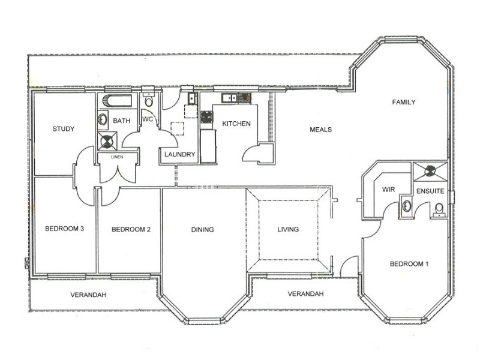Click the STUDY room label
[x=63, y=128]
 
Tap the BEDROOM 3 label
[x=64, y=229]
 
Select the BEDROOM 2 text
[x=130, y=229]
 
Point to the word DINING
[x=203, y=229]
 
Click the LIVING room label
[x=288, y=229]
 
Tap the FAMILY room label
[x=404, y=103]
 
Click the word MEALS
[x=321, y=130]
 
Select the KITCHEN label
[x=236, y=124]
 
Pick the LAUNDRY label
[x=179, y=155]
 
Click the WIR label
[x=388, y=190]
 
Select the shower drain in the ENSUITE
[x=430, y=171]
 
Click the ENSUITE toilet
[x=439, y=208]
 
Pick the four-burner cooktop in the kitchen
[x=207, y=117]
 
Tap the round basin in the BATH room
[x=103, y=119]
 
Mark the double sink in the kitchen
[x=229, y=98]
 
